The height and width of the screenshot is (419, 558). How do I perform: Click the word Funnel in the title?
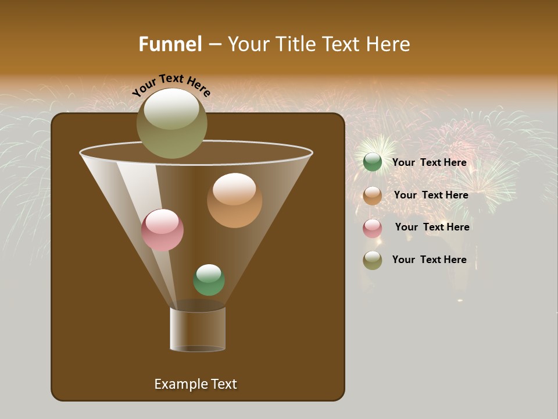tap(170, 44)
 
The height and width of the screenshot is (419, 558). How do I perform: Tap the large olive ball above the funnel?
tap(171, 123)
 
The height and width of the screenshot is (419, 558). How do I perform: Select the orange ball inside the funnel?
tap(234, 201)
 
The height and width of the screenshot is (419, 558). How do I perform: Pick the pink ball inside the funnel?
tap(162, 230)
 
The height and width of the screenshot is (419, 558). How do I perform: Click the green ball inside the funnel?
tap(209, 280)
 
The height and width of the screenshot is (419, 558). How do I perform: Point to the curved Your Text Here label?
tap(171, 85)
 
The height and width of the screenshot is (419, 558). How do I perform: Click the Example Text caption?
tap(195, 384)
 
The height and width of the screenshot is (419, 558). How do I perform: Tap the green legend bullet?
tap(373, 162)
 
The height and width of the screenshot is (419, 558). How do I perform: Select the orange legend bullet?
tap(373, 196)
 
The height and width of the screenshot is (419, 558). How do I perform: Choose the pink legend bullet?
tap(373, 228)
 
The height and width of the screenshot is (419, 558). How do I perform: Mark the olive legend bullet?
tap(373, 260)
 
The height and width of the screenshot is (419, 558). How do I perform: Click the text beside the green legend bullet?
tap(429, 162)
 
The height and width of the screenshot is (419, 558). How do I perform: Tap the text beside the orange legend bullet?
tap(431, 195)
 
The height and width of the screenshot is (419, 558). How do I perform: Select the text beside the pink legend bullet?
tap(432, 227)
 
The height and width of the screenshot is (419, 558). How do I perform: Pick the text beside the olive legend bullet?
tap(429, 260)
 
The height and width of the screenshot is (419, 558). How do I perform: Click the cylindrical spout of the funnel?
tap(198, 329)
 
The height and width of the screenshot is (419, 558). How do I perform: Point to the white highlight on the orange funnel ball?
tap(234, 189)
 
